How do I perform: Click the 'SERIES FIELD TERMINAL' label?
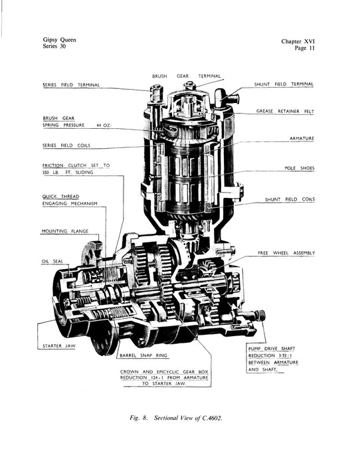pos(71,85)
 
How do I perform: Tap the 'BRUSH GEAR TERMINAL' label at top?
pos(187,76)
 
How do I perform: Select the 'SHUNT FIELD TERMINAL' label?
pos(284,84)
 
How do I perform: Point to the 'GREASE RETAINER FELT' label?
pos(285,111)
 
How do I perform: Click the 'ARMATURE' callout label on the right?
pos(302,138)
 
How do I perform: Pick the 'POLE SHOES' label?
pos(299,168)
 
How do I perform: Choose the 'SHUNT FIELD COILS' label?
pos(290,199)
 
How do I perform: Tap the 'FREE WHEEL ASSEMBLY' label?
pos(286,253)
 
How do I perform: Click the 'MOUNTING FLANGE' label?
pos(65,231)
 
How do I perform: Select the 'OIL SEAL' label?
pos(52,262)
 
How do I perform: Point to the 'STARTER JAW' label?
pos(59,346)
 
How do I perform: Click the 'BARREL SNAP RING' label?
pos(143,355)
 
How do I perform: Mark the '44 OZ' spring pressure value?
pos(104,126)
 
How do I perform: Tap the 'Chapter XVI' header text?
pos(298,41)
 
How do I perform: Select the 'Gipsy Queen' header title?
pos(59,40)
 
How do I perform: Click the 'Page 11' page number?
pos(305,48)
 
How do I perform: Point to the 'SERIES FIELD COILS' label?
pos(66,145)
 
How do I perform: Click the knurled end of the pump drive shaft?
pos(261,315)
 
